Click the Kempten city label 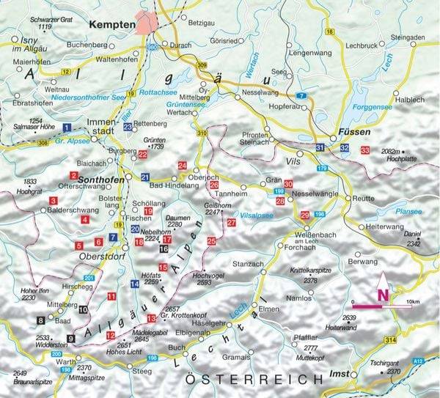pos(111,25)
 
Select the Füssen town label pos(351,133)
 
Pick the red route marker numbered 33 pos(365,150)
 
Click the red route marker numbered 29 pos(304,215)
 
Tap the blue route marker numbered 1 pos(67,127)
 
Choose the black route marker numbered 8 pos(40,320)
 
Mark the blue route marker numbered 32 pos(344,149)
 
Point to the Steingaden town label pos(408,37)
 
